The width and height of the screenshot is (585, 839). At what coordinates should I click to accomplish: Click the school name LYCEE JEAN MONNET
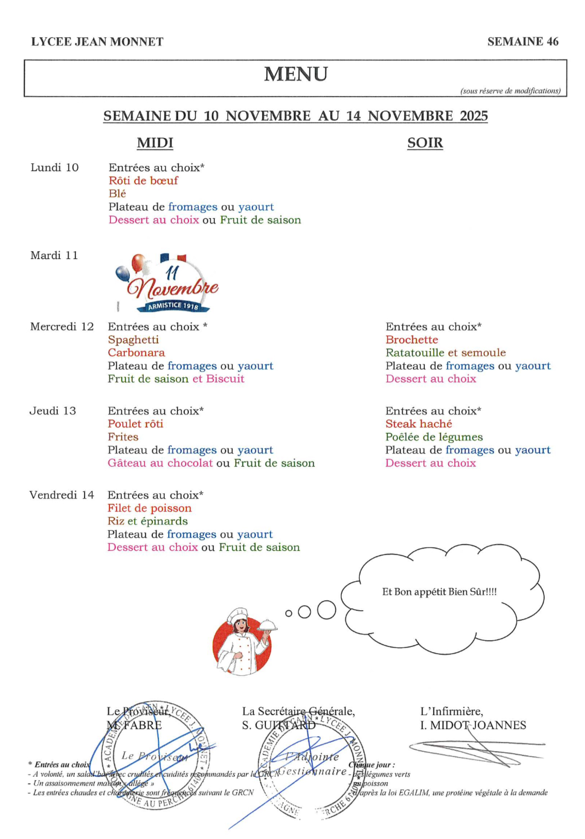(97, 42)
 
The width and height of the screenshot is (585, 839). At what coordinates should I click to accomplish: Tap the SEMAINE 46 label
(523, 42)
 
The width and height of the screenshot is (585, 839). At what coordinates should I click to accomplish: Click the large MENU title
(296, 74)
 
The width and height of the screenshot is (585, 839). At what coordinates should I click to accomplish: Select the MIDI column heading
(155, 143)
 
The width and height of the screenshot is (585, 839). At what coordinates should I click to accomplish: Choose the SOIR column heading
(425, 143)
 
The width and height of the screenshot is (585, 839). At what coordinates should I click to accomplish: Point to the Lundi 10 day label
(55, 167)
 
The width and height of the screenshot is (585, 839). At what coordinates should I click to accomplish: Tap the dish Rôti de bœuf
(143, 181)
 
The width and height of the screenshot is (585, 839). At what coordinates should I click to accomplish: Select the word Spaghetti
(133, 340)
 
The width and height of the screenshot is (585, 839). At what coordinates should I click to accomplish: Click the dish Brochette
(412, 340)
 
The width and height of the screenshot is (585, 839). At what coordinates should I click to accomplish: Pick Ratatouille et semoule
(446, 353)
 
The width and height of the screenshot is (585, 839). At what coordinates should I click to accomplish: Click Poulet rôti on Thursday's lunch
(135, 424)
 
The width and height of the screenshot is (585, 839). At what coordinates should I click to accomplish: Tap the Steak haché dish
(419, 424)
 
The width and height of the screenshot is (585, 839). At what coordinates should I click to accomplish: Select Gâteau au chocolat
(160, 463)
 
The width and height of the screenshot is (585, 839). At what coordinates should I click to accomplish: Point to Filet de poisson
(149, 508)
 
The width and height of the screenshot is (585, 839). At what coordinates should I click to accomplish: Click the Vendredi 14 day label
(62, 495)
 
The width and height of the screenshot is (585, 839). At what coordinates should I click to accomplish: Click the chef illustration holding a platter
(243, 641)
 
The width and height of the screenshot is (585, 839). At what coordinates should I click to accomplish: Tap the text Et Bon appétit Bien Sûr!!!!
(439, 592)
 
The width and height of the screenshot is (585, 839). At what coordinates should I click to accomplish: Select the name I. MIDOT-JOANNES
(473, 725)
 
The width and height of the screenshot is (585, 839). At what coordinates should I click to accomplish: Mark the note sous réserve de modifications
(510, 91)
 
